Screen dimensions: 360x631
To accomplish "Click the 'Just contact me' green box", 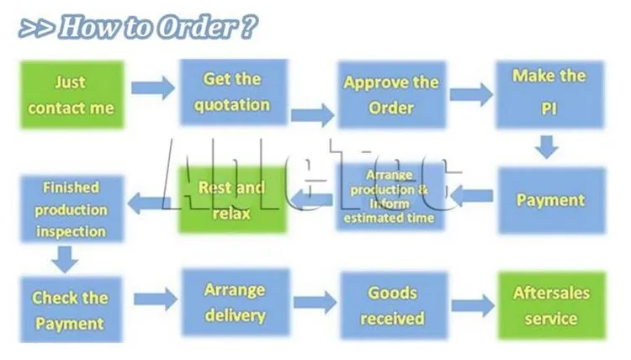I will coord(72,96).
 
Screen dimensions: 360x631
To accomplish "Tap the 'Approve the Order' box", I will coord(391,94).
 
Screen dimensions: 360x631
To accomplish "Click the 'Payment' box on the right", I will coord(550,200).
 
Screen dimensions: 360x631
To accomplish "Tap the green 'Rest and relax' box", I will coord(231,200).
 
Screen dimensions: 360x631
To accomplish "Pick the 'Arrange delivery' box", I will coord(235,303).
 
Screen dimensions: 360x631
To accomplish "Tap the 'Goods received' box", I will coord(392,304).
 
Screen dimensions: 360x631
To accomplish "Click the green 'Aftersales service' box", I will coord(551,306).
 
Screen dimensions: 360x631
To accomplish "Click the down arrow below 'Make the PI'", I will coord(549,147).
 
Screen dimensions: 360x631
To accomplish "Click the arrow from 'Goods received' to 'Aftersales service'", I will coord(472,305).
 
